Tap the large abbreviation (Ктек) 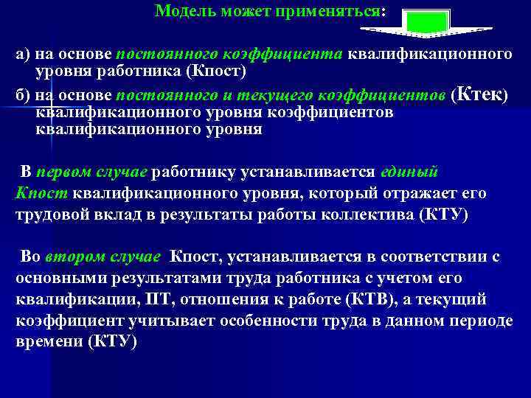(x=480, y=94)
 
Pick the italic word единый (x=409, y=172)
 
